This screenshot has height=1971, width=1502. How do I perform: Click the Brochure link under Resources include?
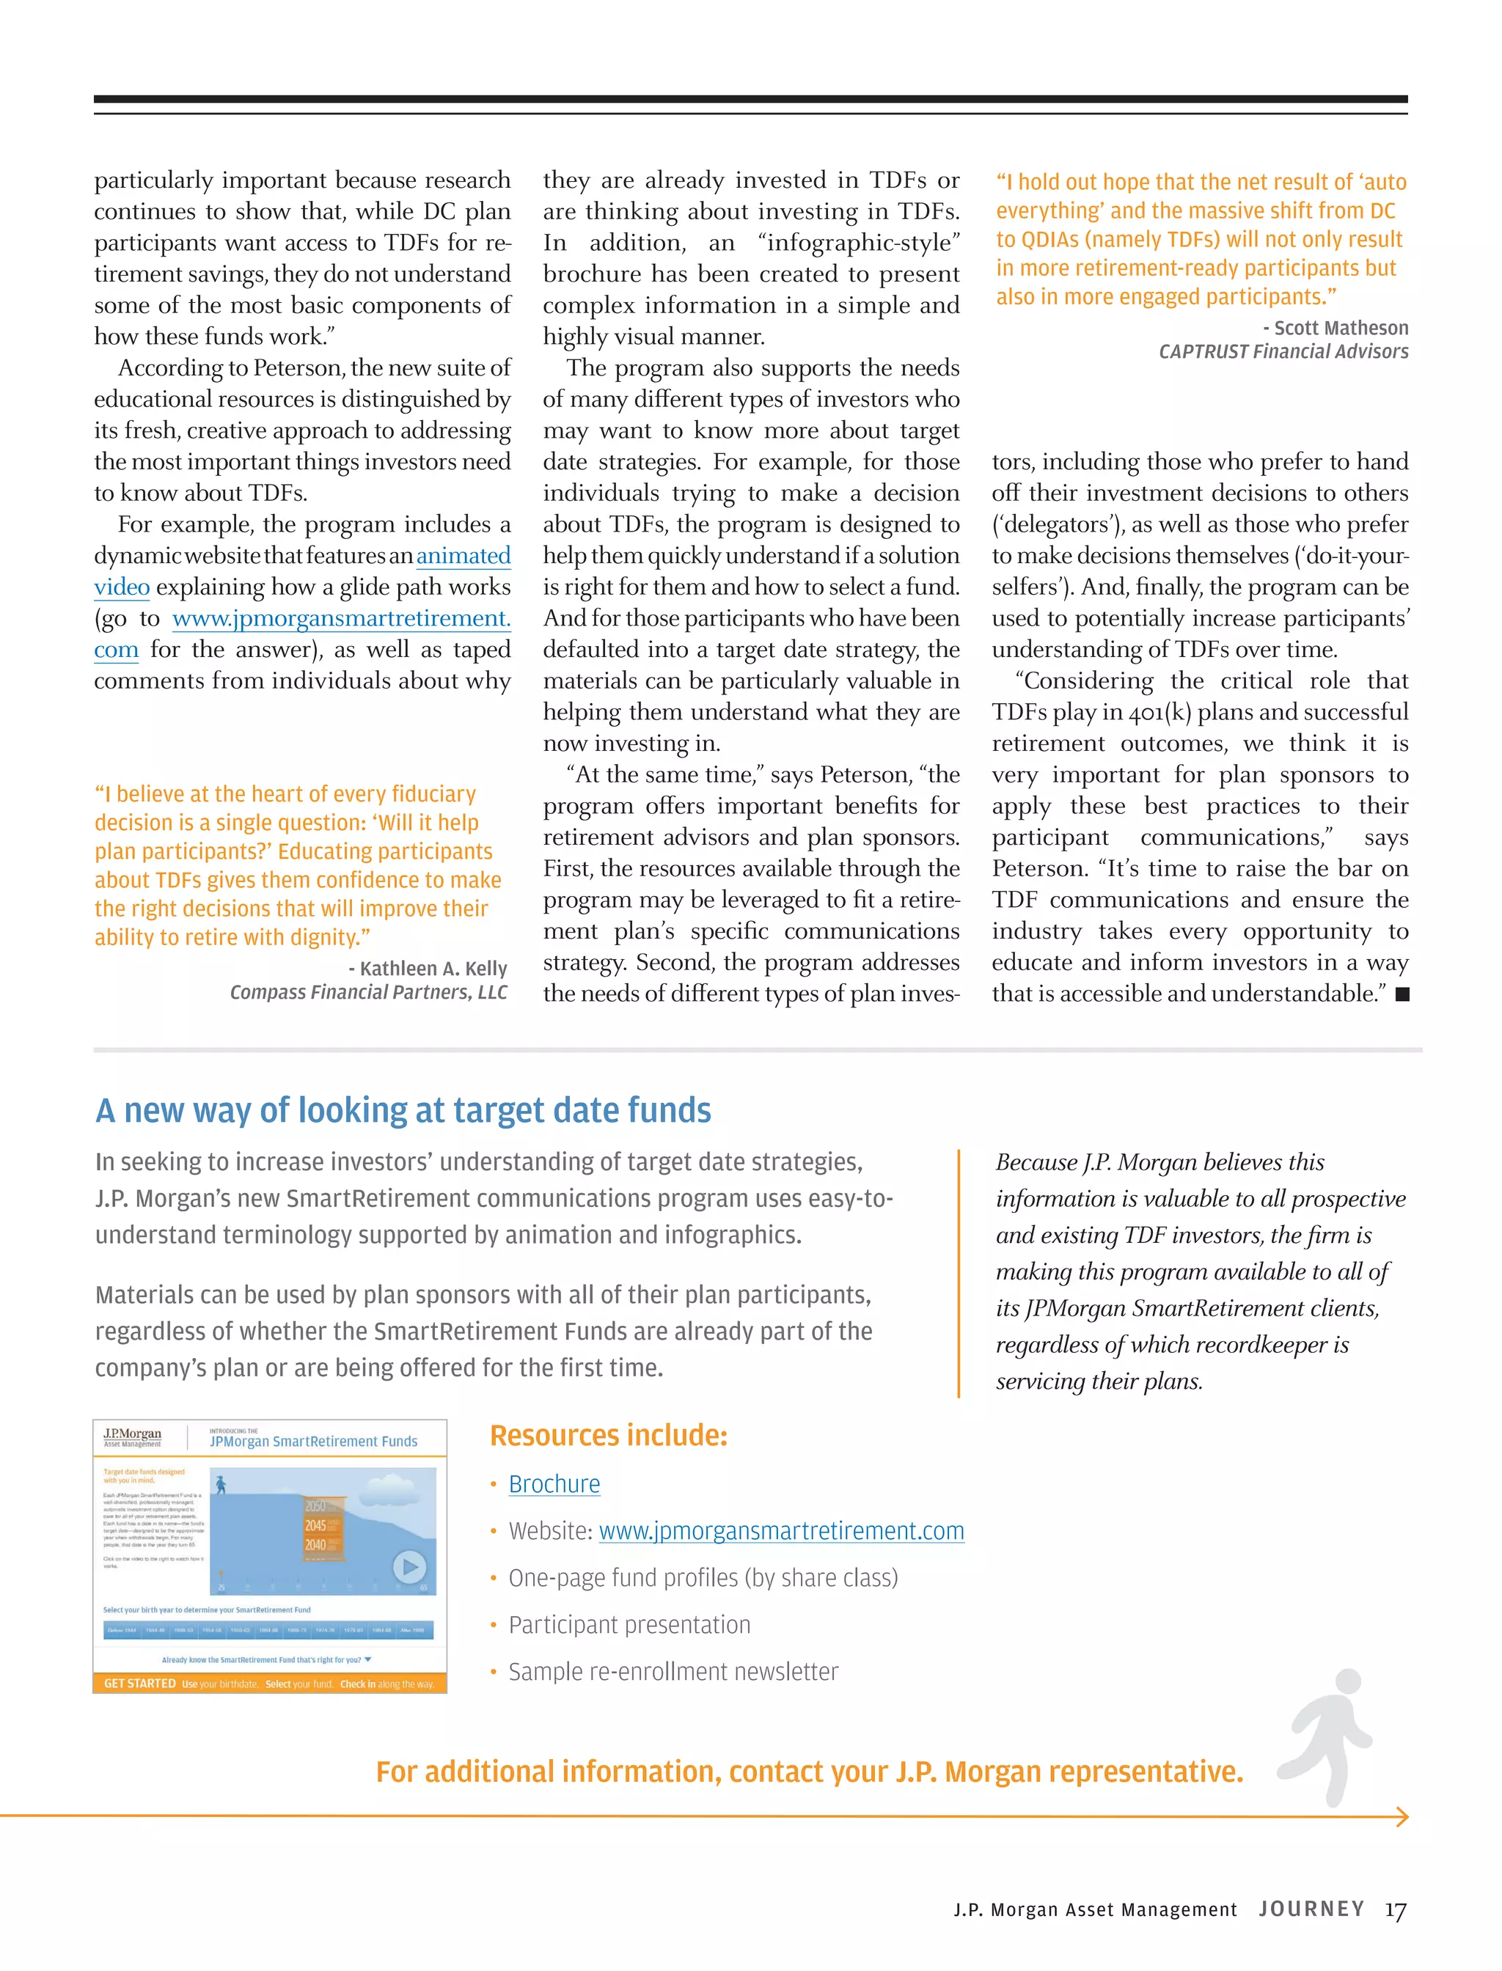tap(554, 1484)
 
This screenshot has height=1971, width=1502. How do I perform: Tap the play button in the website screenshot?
tap(409, 1567)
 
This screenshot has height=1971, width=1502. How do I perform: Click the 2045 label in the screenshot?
tap(315, 1525)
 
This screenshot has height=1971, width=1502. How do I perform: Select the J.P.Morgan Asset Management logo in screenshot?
tap(132, 1436)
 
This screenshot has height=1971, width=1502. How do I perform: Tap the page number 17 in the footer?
tap(1395, 1910)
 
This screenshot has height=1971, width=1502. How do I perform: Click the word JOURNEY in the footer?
tap(1311, 1909)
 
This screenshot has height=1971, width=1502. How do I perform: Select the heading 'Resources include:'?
tap(608, 1436)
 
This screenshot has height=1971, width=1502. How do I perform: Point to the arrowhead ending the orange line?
tap(1402, 1816)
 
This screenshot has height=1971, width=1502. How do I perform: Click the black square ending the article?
tap(1402, 994)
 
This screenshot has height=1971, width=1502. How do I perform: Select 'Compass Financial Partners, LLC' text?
tap(368, 992)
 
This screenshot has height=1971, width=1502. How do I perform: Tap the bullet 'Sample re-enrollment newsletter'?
tap(673, 1672)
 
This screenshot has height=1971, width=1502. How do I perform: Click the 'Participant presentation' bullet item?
tap(629, 1625)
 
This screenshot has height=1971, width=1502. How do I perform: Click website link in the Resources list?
tap(780, 1531)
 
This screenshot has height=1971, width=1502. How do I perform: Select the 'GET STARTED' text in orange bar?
tap(139, 1683)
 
